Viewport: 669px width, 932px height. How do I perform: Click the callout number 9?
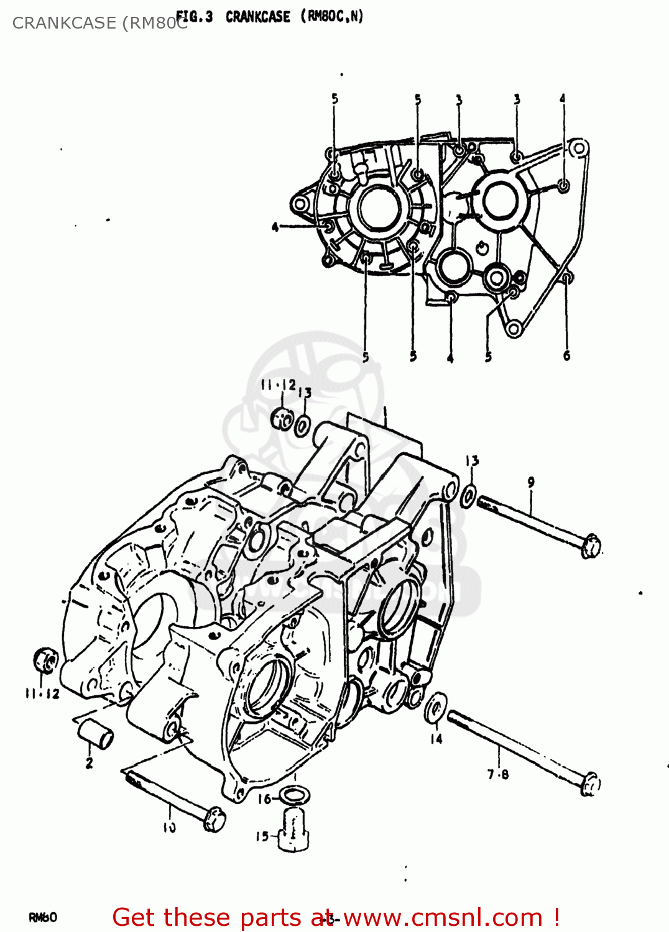coord(531,482)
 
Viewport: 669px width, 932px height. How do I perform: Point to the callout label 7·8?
coord(498,774)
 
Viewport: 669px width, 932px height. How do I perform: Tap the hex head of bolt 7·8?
coord(590,784)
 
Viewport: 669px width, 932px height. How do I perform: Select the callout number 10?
coord(169,828)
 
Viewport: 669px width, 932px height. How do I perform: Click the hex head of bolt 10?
coord(215,820)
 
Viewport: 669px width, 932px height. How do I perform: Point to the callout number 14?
coord(436,739)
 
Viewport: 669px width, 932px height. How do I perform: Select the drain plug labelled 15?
coord(292,830)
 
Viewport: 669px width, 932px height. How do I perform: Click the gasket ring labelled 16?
coord(293,795)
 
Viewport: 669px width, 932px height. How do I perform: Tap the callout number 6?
coord(566,356)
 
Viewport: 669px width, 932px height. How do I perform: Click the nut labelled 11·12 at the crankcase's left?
coord(45,660)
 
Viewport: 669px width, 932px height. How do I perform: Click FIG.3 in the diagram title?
coord(194,17)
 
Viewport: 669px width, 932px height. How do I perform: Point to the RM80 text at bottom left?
coord(43,917)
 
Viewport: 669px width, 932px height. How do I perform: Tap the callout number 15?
coord(262,837)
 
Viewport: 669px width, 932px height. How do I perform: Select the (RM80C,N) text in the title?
coord(332,17)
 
